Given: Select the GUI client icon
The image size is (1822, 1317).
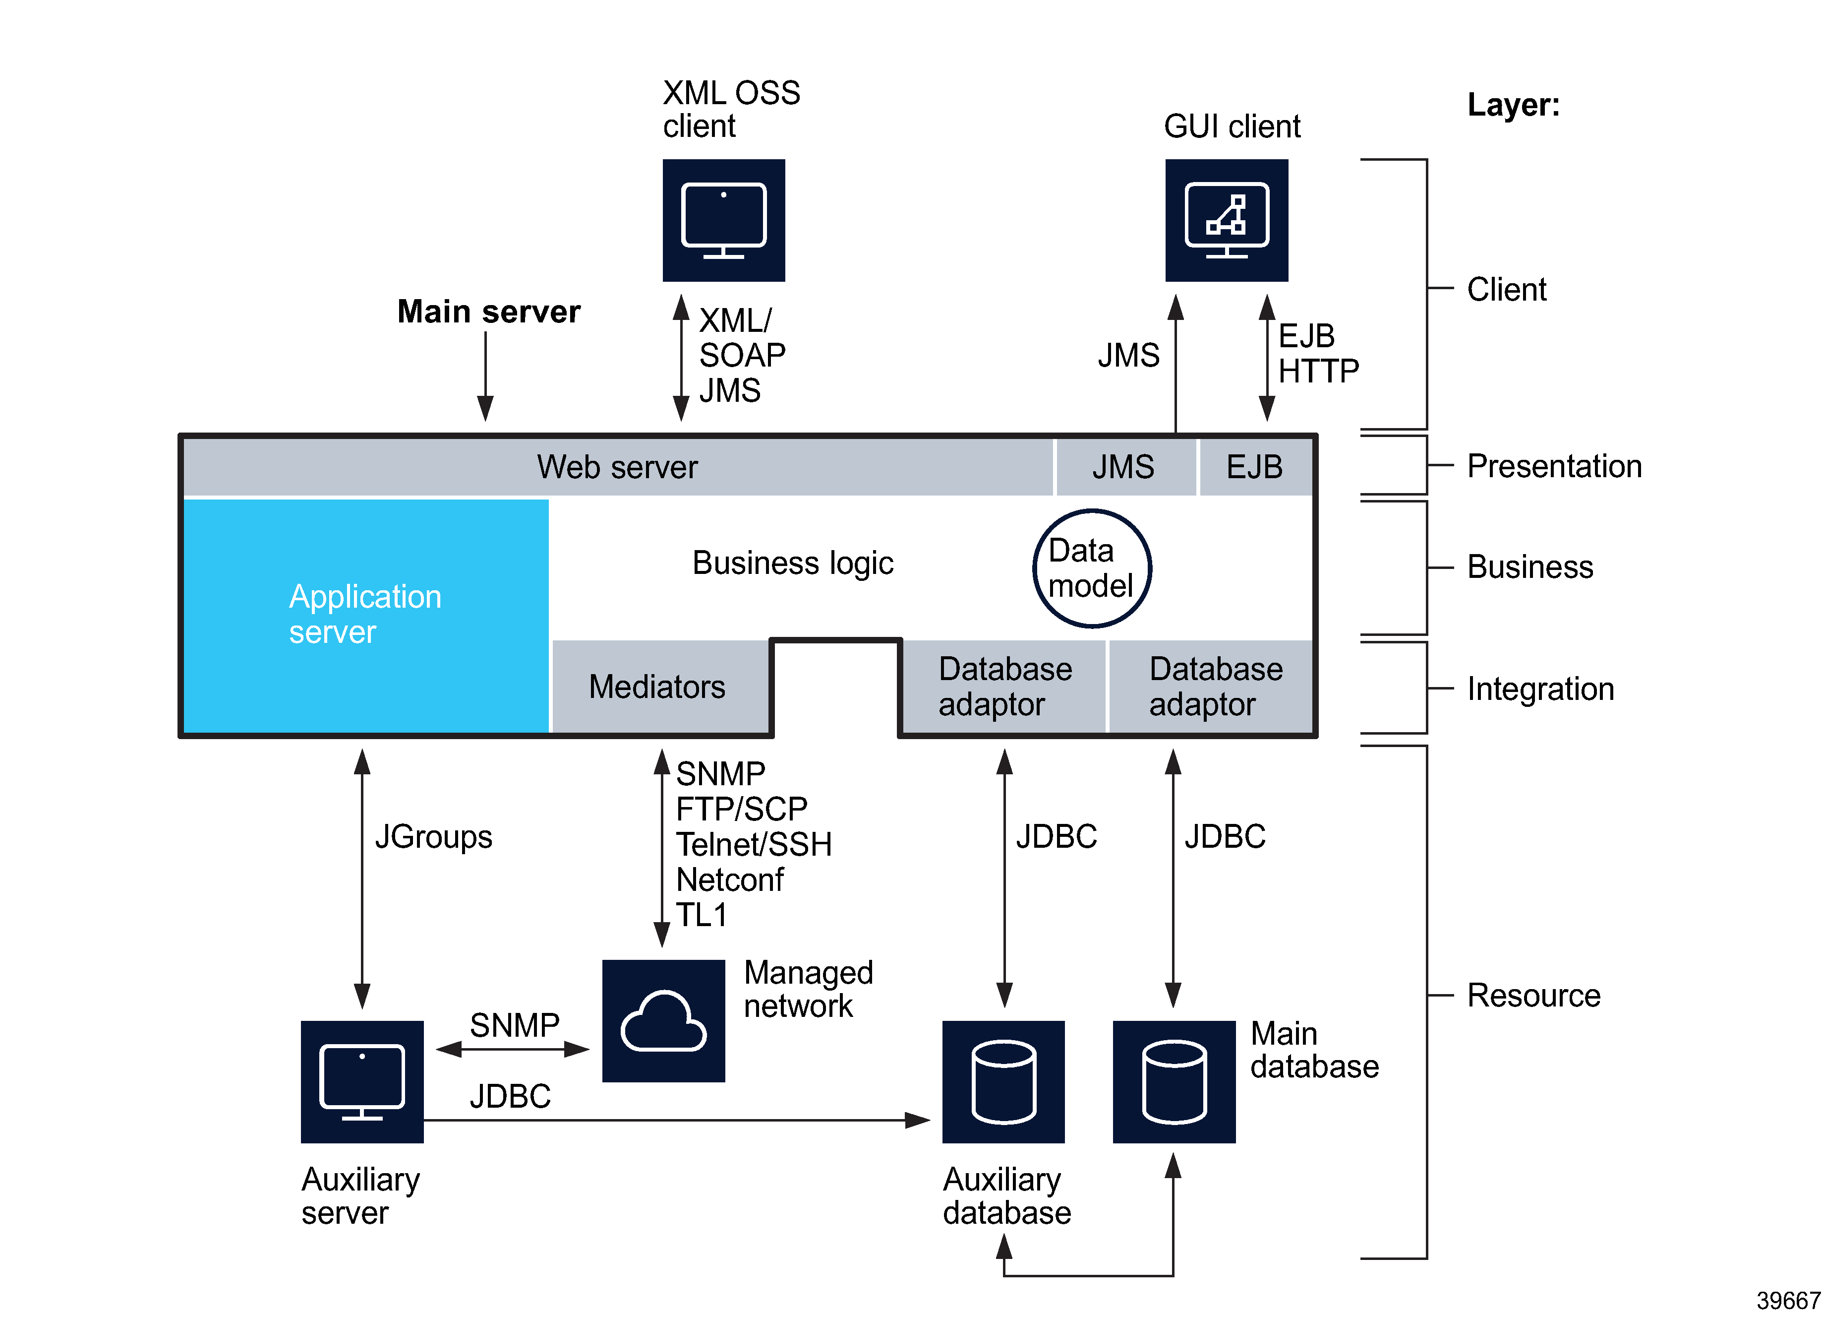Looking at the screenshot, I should point(1226,220).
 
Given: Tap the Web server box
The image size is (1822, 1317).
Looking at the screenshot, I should point(617,467).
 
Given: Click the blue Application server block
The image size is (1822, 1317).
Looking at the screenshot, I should point(365,615).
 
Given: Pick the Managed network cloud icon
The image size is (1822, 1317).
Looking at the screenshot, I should point(663,1020).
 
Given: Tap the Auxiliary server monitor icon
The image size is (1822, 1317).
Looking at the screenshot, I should point(362,1081).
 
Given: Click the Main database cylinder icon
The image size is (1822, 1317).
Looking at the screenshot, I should point(1174,1081).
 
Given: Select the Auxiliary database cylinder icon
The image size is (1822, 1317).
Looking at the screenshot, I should point(1003,1081).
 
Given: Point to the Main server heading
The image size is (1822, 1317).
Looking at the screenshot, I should point(488,312).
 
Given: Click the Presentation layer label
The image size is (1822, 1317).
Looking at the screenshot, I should point(1554,466).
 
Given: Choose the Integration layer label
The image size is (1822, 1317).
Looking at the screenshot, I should point(1540,689).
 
